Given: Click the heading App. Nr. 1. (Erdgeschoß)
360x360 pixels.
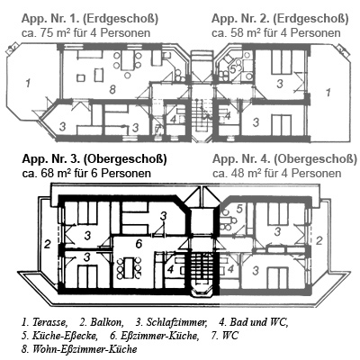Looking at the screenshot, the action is pos(90,19).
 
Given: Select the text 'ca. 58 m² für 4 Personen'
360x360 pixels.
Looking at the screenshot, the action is pos(276,32).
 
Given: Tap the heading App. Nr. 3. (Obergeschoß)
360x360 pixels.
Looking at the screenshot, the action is pos(94,159).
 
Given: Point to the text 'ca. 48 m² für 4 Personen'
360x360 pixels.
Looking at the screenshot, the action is pos(276,174).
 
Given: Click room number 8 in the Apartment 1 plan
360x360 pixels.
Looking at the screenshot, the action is pos(112,89).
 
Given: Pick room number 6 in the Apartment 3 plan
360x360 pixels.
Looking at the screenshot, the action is pos(139,244).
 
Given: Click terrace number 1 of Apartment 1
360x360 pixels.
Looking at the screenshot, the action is pos(28,83).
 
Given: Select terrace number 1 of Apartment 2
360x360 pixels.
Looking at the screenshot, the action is pos(328,92).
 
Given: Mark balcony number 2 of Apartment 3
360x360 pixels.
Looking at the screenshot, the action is pos(47,244).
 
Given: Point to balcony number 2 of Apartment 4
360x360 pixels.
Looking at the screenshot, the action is pos(319,240).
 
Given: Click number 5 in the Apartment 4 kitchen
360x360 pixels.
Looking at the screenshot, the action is pos(239,208).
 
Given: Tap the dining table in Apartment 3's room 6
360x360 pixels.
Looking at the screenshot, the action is pos(129,267).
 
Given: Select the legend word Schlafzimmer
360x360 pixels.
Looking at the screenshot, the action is pos(176,322).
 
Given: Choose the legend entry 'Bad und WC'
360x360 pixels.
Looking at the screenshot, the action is pos(258,322).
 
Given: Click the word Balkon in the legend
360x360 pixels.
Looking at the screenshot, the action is pos(105,322).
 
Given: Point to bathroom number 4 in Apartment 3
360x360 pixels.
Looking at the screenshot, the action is pos(170,269).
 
